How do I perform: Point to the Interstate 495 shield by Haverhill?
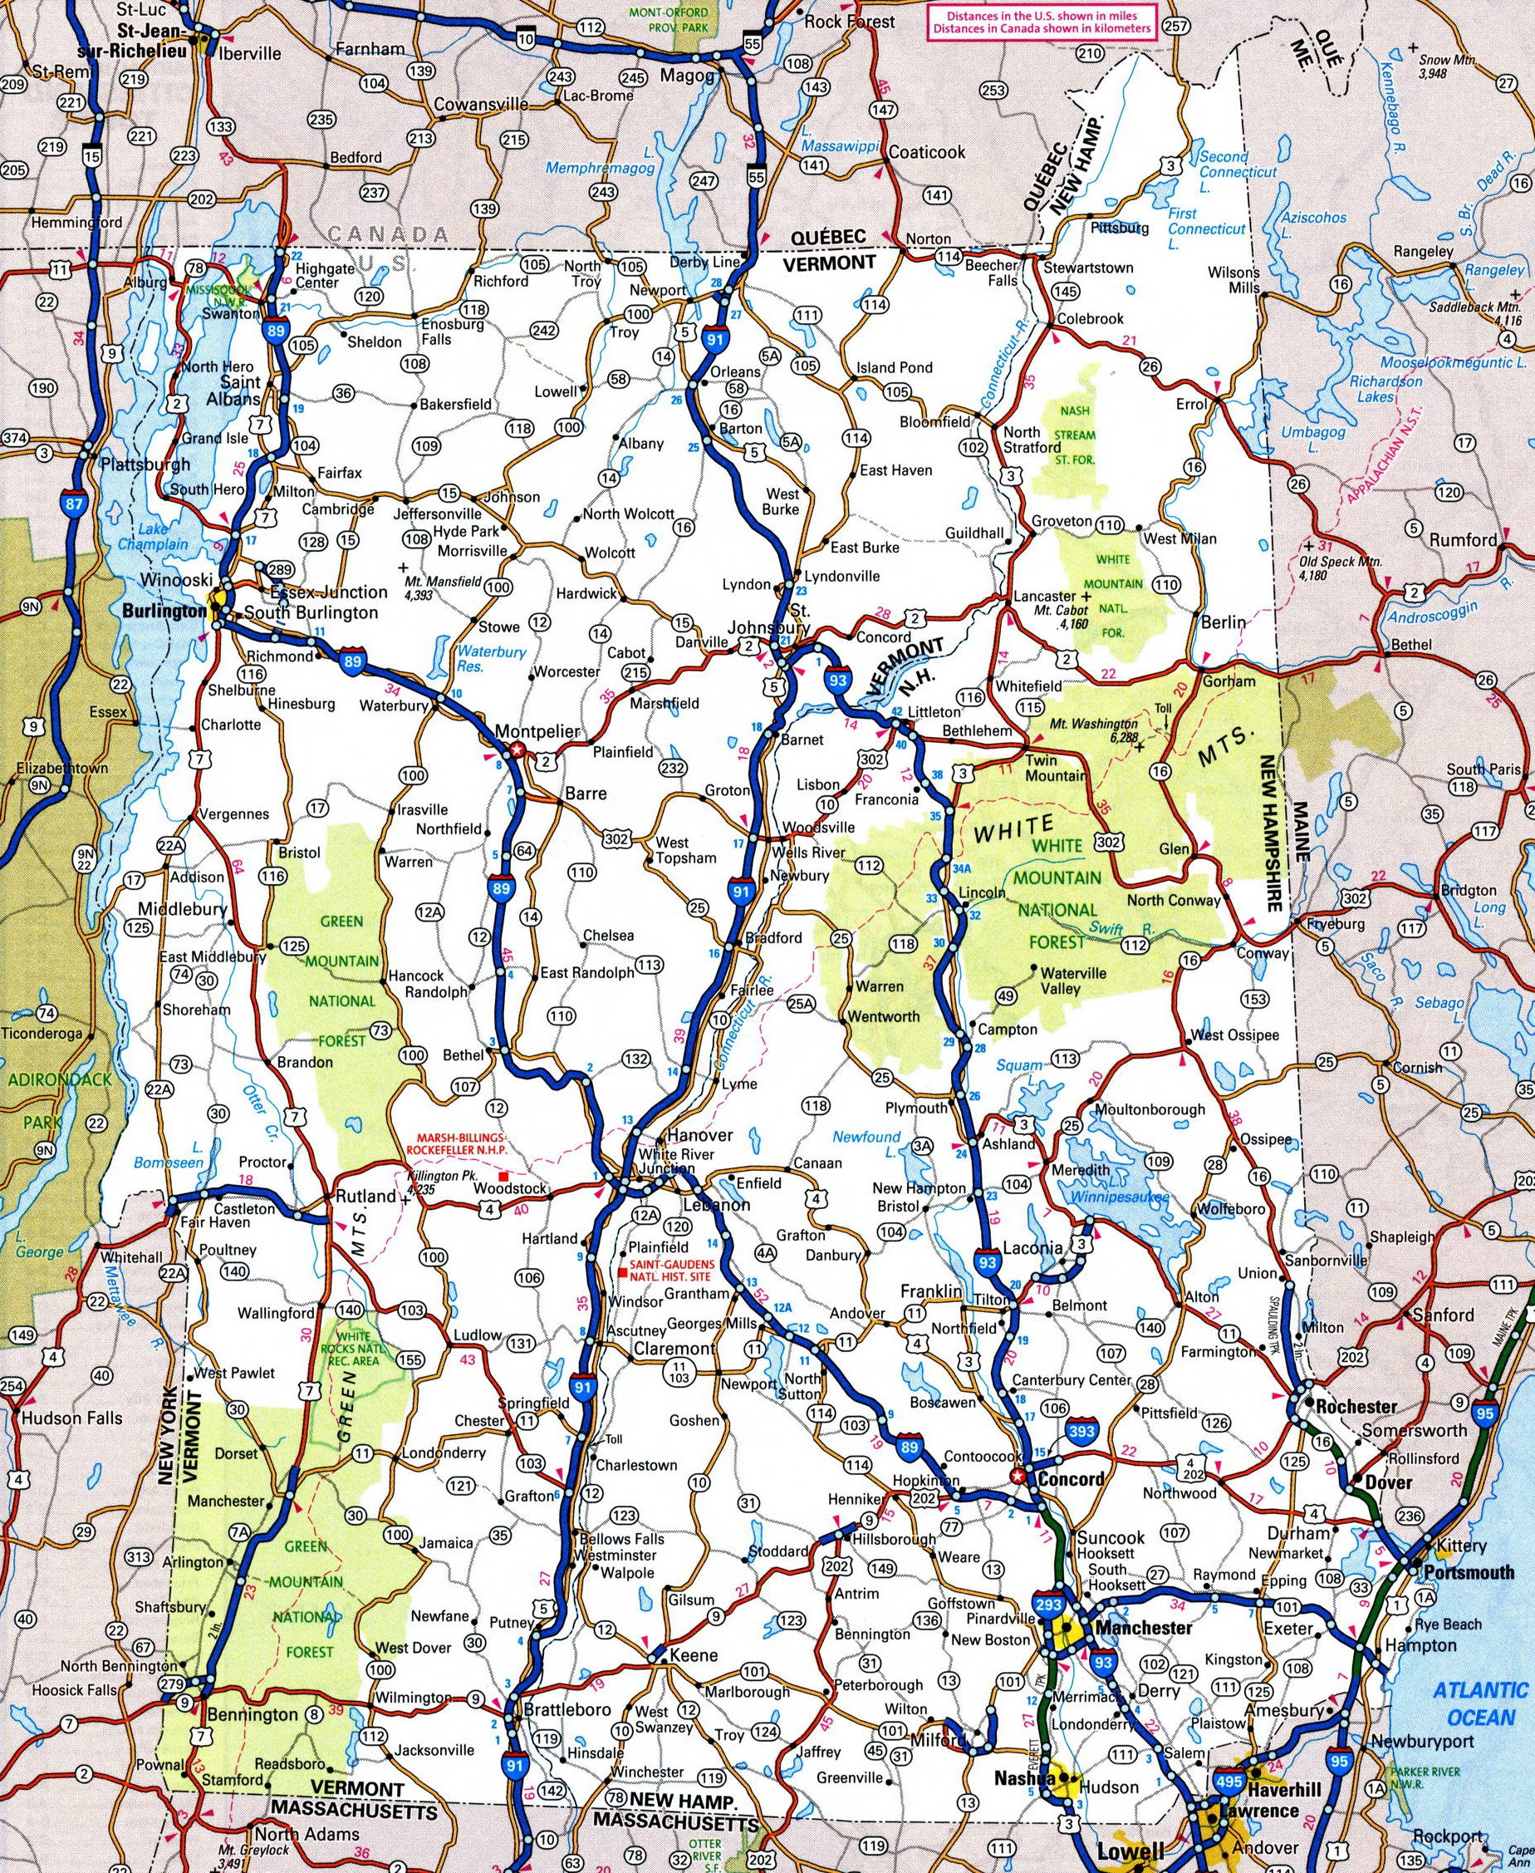click(1229, 1729)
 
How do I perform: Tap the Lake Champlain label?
click(153, 537)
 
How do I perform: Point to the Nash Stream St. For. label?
click(1073, 435)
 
